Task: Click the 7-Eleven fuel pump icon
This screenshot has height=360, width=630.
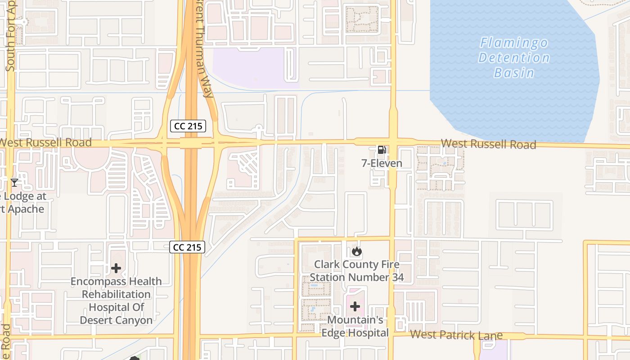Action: (381, 150)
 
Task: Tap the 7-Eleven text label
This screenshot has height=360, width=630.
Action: (382, 163)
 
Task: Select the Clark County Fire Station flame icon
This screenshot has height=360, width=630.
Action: (357, 251)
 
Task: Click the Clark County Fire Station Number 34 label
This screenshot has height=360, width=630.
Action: (356, 271)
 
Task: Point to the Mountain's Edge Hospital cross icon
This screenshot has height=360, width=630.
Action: (355, 307)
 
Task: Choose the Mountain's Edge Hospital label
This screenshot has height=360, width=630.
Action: (355, 326)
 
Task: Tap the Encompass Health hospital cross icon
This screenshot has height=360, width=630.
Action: (116, 269)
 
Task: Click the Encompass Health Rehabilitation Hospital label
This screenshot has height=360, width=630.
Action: (116, 301)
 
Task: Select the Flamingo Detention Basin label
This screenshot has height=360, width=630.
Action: (514, 58)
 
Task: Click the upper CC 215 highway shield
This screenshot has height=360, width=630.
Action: (188, 126)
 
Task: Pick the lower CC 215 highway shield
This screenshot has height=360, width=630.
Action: (187, 247)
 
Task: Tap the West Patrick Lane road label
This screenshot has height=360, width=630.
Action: (456, 335)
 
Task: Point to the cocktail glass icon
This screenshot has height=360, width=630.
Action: (14, 182)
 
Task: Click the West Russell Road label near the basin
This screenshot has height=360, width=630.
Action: (488, 144)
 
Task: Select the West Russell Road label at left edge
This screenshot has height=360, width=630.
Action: (45, 143)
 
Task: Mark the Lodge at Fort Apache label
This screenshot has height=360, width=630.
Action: (22, 203)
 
